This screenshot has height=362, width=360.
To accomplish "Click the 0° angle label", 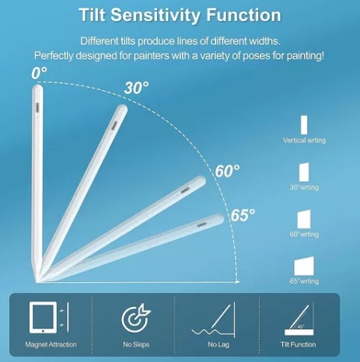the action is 39,73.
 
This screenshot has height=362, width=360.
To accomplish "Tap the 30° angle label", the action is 136,88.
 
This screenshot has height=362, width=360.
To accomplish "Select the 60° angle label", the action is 227,171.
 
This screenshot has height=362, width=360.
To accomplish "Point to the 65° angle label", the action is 243,214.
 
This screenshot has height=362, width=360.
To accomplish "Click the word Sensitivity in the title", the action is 156,16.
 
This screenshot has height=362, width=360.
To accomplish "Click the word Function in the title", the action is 243,15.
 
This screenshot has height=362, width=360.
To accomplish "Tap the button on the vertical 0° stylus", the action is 37,107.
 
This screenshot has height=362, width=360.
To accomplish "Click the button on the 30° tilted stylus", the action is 114,126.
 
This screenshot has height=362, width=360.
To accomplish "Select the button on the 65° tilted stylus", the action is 201,225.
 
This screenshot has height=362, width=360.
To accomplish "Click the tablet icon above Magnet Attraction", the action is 43,318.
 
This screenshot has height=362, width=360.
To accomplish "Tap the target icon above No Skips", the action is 136,318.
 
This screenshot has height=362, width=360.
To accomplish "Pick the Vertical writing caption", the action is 304,141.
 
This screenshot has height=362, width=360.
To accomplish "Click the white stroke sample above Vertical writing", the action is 304,125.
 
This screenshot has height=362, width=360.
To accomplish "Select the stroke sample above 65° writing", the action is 304,266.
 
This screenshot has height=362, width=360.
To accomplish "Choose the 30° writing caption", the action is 304,187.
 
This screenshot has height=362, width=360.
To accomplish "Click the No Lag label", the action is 218,345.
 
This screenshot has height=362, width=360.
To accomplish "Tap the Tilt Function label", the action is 298,344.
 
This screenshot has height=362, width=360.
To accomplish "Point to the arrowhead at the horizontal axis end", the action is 238,282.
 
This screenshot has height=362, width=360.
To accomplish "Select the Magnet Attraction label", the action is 51,344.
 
